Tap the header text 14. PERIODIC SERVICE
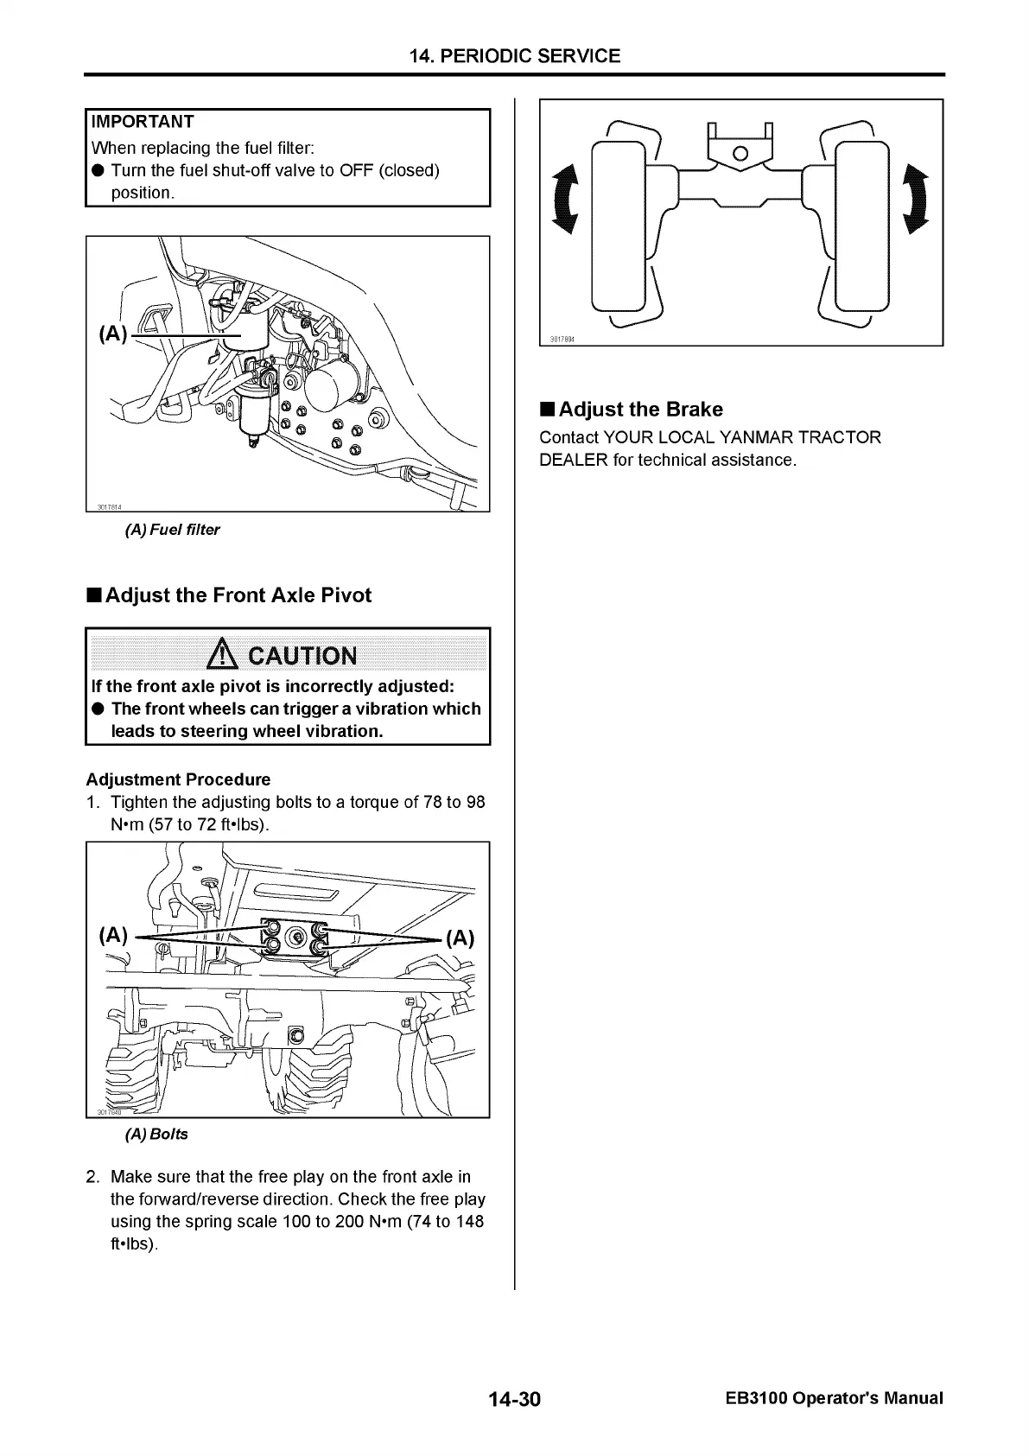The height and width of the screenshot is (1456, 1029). (515, 56)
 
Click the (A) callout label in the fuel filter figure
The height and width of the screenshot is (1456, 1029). (113, 334)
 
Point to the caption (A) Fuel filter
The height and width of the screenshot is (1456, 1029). (173, 530)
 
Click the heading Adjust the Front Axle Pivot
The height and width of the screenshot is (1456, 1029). (238, 595)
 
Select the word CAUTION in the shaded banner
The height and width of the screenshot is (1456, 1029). (302, 656)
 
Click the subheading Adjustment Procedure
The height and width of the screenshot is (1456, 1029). (178, 779)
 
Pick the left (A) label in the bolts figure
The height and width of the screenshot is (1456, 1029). (114, 935)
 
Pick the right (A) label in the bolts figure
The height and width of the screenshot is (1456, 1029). (460, 938)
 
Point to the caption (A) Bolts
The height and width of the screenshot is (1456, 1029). (156, 1134)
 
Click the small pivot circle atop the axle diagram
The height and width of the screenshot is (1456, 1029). (740, 154)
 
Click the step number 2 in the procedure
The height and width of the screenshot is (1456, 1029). (92, 1177)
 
